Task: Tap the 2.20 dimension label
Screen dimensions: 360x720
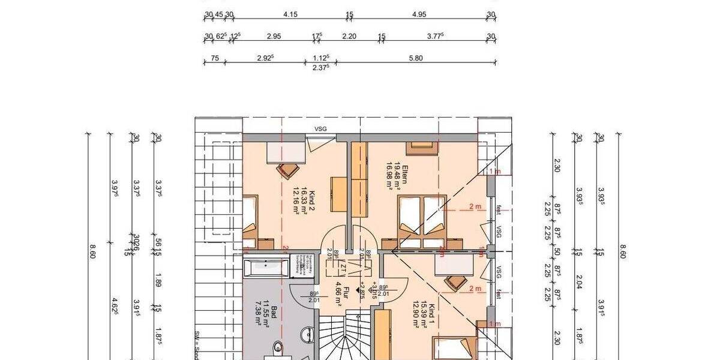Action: tap(349, 36)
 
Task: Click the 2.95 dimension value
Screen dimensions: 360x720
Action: tap(274, 36)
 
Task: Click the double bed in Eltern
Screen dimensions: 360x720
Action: tap(424, 219)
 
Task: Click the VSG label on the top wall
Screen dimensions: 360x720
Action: tap(320, 128)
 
